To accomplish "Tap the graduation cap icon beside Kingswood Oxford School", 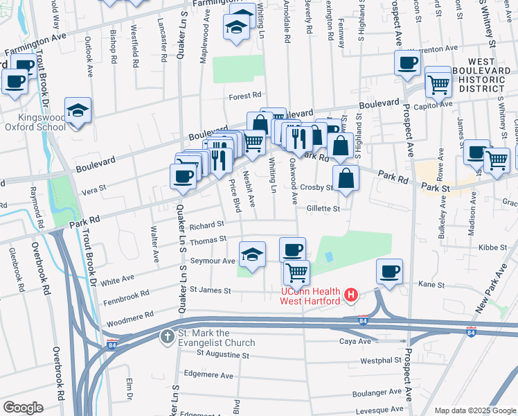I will [x=78, y=110].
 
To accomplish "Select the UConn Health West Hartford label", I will [x=310, y=296].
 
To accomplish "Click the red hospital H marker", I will [x=351, y=296].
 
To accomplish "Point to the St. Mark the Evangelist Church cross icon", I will [x=167, y=338].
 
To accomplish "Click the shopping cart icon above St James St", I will [x=296, y=272].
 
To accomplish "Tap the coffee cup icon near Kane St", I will [x=390, y=270].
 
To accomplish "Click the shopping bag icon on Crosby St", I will [x=346, y=177].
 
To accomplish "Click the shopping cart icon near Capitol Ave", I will [x=438, y=85].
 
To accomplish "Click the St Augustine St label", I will [x=222, y=354].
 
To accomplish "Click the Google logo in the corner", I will [x=23, y=408].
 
